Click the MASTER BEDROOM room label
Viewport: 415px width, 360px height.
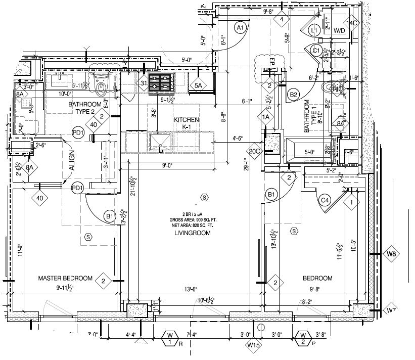click(66, 278)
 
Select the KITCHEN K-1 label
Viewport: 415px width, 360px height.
click(186, 123)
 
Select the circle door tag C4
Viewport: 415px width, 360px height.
click(326, 200)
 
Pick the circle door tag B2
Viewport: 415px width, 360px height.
click(293, 94)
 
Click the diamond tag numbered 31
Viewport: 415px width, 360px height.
click(144, 83)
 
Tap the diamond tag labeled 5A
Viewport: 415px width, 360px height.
click(198, 86)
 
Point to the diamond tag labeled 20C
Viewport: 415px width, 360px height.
click(254, 151)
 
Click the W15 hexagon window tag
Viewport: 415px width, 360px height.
click(253, 345)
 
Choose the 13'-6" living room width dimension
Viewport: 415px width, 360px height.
click(190, 289)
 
